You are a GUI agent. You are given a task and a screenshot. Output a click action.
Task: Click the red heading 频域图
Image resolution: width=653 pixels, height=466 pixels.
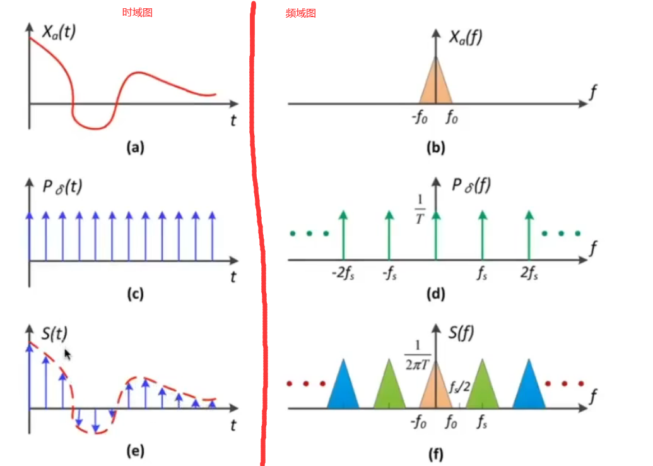(300, 13)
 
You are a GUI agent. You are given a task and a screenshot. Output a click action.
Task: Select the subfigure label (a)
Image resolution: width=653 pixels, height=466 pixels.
(135, 148)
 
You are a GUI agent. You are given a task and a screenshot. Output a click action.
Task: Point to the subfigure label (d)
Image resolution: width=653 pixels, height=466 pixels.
(435, 294)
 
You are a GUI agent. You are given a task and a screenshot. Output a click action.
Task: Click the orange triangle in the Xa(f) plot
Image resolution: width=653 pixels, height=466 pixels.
(436, 85)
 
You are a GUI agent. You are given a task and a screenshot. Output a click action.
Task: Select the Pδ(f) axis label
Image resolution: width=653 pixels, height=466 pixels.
(470, 186)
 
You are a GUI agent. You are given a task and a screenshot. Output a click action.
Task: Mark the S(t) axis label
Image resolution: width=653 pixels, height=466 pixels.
(54, 333)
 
